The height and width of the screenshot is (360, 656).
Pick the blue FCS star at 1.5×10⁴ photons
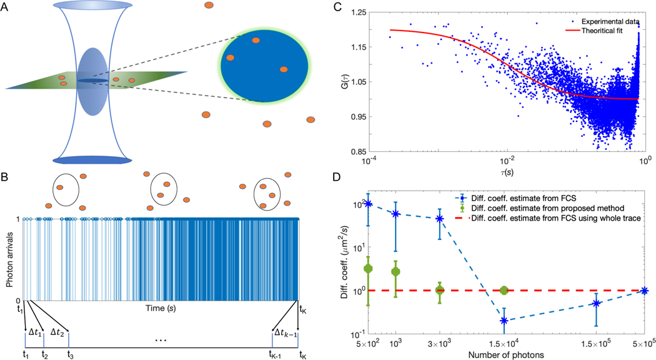coord(504,321)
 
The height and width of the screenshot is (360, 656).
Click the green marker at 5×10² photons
coord(369,269)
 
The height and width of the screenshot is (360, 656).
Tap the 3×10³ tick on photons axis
coord(440,344)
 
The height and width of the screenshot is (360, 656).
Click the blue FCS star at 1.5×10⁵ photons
coord(597,304)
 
